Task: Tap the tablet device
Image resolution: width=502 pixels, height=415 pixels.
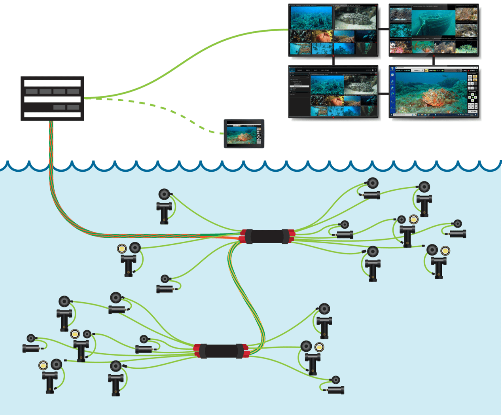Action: point(244,134)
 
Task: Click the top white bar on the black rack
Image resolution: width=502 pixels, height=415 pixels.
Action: point(52,83)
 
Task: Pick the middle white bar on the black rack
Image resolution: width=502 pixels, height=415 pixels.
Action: point(52,99)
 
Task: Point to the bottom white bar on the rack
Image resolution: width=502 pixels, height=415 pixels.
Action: point(52,115)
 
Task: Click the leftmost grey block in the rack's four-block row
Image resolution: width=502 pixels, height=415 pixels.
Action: point(32,91)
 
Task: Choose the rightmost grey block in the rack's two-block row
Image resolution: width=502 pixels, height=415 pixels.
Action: point(73,107)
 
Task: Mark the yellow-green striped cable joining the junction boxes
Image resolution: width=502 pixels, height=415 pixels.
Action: point(245,293)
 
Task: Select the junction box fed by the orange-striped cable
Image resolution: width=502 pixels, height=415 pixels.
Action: point(267,236)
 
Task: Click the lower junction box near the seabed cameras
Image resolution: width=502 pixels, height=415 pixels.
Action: point(222,351)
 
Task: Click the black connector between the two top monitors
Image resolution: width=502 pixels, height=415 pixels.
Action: point(383,29)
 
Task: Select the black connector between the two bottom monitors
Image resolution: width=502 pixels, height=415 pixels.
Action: point(383,94)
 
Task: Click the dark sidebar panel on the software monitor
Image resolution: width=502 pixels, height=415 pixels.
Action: point(299,95)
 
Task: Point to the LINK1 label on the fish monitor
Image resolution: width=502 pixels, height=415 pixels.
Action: point(432,70)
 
